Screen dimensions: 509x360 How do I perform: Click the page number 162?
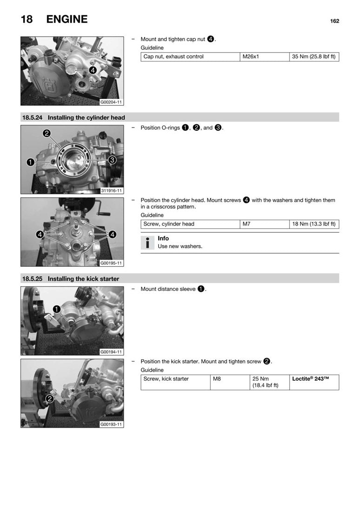click(x=334, y=21)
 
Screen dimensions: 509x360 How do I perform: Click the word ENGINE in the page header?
click(x=67, y=20)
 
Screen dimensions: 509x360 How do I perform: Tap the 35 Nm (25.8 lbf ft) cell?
click(x=314, y=57)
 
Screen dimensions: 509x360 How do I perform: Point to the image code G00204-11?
click(x=112, y=102)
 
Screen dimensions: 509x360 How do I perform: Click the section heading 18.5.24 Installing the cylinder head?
click(x=73, y=118)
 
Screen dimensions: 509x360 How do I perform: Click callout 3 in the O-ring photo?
click(x=112, y=160)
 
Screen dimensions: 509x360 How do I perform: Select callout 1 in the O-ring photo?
click(x=30, y=162)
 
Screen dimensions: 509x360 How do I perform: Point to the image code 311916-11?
click(x=112, y=191)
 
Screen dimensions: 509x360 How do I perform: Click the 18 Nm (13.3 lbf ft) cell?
click(x=314, y=224)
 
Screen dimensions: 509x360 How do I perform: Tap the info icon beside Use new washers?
click(x=147, y=242)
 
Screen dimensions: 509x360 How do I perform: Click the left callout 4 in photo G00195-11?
click(x=40, y=234)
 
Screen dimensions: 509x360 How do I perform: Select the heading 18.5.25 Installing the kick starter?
click(x=71, y=279)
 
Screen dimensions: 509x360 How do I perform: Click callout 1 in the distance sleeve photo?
click(x=56, y=309)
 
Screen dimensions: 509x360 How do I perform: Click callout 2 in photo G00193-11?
click(x=50, y=398)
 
